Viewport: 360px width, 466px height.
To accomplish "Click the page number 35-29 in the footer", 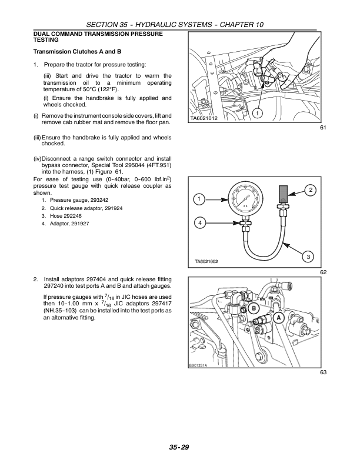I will pyautogui.click(x=180, y=447).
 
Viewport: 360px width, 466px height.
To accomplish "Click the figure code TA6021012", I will pyautogui.click(x=205, y=119).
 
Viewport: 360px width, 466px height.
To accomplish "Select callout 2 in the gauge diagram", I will pyautogui.click(x=311, y=189).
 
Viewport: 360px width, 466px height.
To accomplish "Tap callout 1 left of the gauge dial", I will pyautogui.click(x=199, y=199).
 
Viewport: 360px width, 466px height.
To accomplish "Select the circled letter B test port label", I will pyautogui.click(x=254, y=309).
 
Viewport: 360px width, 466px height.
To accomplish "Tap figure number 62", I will pyautogui.click(x=323, y=272).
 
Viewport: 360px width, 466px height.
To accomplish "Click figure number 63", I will pyautogui.click(x=323, y=372).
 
